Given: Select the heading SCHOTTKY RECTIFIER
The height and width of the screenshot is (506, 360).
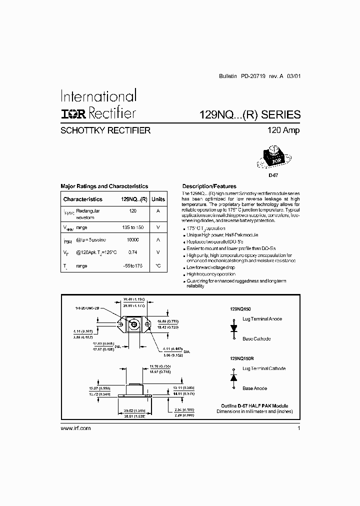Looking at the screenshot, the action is (105, 130).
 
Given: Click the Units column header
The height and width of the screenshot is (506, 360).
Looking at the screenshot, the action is (158, 199).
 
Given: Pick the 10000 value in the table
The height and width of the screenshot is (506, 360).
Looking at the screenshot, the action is (132, 240).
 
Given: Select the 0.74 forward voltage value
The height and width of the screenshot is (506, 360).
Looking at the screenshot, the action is (132, 253).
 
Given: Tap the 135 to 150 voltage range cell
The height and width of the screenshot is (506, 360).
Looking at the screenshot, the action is (132, 227).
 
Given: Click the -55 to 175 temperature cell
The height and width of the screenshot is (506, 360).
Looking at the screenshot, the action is (132, 266).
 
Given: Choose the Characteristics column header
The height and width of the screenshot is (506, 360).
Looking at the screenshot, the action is (82, 199).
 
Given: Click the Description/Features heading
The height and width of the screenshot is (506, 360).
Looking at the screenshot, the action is (209, 186).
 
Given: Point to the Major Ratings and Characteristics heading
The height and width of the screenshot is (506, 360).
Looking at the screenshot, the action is (104, 186).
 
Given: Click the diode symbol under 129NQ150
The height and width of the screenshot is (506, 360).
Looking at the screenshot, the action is (233, 329).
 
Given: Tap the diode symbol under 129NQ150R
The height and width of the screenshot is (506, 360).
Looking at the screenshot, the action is (233, 378).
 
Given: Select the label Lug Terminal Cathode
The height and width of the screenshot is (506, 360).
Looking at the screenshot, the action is (264, 368).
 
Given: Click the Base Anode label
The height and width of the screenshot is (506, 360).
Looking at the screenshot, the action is (254, 388).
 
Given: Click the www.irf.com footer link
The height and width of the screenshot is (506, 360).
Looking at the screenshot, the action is (75, 428).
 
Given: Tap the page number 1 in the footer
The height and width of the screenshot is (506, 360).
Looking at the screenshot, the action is (298, 428).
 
